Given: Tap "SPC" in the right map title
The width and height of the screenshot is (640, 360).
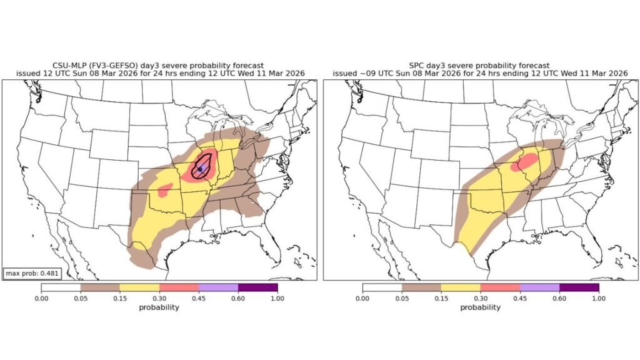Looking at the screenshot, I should point(417,65).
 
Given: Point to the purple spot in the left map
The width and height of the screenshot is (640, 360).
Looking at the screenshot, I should point(200,169).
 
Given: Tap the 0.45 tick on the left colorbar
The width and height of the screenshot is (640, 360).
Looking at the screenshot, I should point(199,299).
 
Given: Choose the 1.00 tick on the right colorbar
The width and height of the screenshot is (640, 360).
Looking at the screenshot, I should point(599,299).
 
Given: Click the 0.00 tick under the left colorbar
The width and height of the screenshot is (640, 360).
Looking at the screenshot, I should point(41,299).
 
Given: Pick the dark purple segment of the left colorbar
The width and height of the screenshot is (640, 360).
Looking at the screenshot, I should point(257,287).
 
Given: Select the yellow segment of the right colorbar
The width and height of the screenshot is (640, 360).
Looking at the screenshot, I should point(461,287).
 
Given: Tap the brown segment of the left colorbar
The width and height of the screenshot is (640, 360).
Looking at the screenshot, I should point(100,287).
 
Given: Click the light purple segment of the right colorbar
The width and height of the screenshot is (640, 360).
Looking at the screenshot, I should point(539,287).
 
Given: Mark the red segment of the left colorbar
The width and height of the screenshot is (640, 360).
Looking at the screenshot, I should point(179,287).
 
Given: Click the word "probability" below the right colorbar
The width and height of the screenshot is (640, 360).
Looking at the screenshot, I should point(480,307).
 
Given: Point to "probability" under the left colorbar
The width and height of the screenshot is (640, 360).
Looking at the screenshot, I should point(159,307).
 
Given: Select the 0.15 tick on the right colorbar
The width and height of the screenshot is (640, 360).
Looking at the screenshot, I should point(441,299).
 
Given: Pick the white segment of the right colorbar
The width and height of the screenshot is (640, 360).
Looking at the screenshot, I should point(382,287).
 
